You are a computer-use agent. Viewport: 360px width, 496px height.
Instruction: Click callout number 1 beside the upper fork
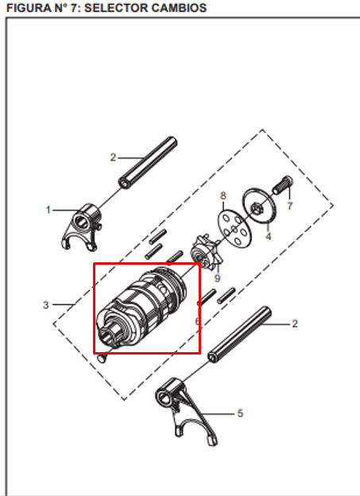[48, 210]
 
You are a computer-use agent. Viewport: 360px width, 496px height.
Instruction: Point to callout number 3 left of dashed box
[46, 304]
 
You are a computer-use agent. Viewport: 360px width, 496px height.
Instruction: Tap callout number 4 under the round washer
[268, 236]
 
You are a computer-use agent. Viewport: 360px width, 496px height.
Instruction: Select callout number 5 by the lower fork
[241, 413]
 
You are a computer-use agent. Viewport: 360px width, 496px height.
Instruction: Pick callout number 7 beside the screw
[290, 205]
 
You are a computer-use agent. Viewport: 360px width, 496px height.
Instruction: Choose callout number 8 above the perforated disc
[223, 195]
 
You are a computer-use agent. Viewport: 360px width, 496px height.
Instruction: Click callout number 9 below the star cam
[216, 279]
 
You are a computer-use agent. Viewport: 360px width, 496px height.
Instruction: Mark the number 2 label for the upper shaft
[113, 157]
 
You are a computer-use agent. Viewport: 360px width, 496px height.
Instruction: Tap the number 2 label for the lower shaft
[295, 324]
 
